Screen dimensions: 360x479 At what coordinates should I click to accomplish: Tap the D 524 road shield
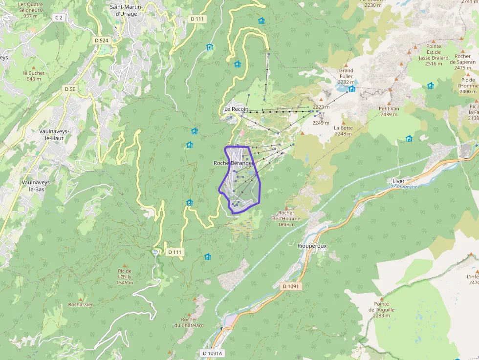click(x=101, y=41)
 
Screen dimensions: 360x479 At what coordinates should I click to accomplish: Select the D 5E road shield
click(x=70, y=89)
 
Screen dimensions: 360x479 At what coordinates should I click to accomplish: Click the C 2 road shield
click(x=59, y=18)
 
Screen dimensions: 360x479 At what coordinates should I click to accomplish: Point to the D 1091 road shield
click(x=293, y=286)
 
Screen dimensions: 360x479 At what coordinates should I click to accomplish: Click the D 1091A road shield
click(x=212, y=353)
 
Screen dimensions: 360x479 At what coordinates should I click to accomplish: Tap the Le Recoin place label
click(x=236, y=109)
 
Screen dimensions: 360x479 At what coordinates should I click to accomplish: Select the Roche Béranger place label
click(x=233, y=163)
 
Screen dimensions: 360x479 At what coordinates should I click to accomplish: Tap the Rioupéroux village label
click(x=311, y=246)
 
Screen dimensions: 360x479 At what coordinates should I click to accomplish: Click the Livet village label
click(x=398, y=181)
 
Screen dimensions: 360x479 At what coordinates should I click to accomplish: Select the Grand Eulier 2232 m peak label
click(x=346, y=76)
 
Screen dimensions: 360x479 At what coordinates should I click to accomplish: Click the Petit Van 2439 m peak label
click(x=389, y=111)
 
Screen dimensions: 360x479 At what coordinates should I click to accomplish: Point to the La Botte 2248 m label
click(x=343, y=130)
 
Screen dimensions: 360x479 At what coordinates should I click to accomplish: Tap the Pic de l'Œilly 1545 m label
click(x=125, y=276)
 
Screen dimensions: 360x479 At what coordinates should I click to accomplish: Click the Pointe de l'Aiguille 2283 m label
click(x=381, y=309)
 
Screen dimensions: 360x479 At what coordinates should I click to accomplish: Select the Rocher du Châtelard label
click(x=189, y=322)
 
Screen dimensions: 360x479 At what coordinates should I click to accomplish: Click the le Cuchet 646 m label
click(x=34, y=76)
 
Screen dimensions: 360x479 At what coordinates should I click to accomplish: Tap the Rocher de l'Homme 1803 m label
click(x=286, y=218)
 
